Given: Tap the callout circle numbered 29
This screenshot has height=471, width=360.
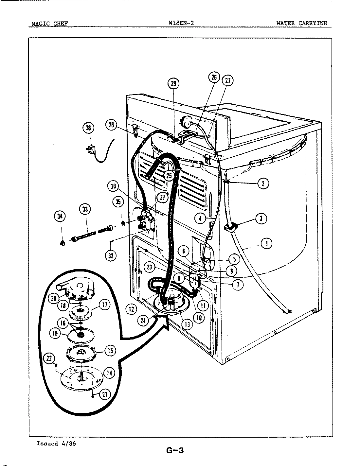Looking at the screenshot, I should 173,84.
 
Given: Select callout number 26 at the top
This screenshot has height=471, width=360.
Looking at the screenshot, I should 214,78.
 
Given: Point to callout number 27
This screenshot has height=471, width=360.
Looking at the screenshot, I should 227,81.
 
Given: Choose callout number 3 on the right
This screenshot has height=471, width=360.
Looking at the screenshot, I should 261,218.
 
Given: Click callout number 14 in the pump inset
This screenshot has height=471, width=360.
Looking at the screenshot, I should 109,373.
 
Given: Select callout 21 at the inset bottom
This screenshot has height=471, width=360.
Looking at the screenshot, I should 104,394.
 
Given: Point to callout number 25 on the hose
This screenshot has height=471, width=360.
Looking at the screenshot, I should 169,176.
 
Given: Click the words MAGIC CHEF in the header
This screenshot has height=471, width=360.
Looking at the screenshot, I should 49,24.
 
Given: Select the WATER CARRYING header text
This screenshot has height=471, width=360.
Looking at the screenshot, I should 301,23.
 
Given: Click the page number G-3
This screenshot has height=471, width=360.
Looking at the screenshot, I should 175,450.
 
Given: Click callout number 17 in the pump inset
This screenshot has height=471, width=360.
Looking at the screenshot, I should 104,305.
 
